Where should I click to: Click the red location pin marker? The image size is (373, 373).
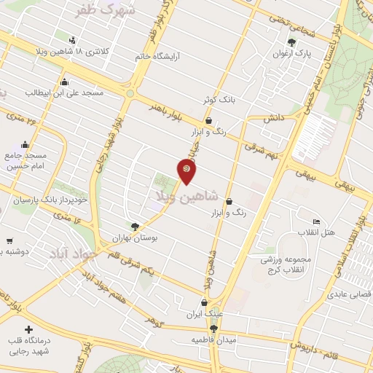pyautogui.click(x=186, y=170)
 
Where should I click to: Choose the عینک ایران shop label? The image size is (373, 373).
pyautogui.click(x=203, y=315)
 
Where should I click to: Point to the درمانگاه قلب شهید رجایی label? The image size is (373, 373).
pyautogui.click(x=28, y=346)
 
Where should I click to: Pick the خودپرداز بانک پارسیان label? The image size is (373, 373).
pyautogui.click(x=51, y=199)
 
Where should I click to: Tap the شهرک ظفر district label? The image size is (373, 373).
pyautogui.click(x=106, y=10)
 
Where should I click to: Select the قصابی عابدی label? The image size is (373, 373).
pyautogui.click(x=350, y=294)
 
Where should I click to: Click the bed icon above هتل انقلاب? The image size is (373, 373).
pyautogui.click(x=316, y=221)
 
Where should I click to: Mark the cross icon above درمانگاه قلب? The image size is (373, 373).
pyautogui.click(x=28, y=330)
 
